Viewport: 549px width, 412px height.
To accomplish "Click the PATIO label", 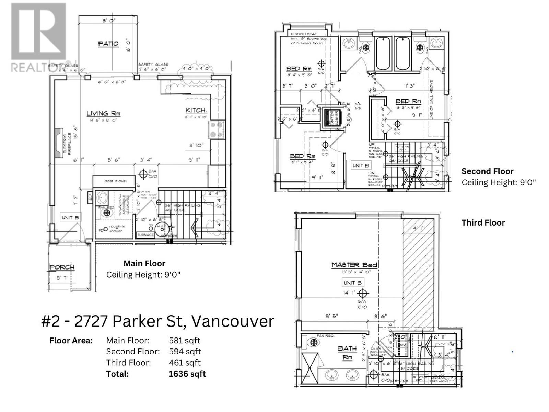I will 108,44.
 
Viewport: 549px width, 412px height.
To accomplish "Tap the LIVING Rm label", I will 103,113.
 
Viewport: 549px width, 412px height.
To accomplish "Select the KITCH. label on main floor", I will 196,110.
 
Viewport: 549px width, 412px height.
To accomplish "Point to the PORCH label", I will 62,267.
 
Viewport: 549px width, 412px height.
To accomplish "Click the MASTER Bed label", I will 354,265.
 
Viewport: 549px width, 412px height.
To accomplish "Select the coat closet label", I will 116,181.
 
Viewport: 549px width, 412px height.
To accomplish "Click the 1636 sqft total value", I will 187,374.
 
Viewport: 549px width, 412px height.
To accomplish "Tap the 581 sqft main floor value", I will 185,341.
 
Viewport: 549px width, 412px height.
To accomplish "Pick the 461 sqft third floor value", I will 185,363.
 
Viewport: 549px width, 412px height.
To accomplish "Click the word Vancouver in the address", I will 233,321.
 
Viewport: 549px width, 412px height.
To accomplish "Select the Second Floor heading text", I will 487,171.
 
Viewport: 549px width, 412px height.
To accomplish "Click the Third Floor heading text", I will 483,222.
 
